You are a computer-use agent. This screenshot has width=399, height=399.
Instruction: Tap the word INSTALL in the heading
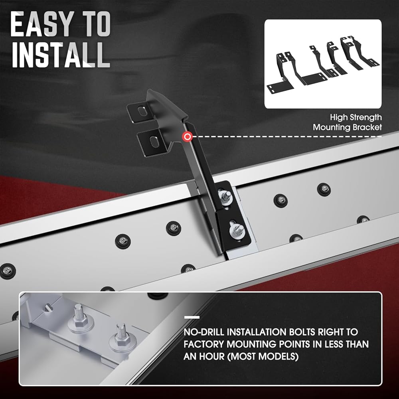[x=61, y=55]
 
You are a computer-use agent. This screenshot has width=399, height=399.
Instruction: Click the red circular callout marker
[x=188, y=137]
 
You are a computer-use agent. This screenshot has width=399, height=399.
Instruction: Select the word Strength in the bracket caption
[x=365, y=118]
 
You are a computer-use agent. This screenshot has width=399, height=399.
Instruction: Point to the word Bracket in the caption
[x=367, y=127]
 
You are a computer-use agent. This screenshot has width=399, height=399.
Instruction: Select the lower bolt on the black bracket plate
[x=236, y=230]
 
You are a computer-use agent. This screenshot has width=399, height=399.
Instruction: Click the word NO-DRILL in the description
[x=203, y=332]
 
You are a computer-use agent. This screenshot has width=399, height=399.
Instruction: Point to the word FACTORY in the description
[x=203, y=344]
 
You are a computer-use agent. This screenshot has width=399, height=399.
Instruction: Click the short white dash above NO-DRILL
[x=192, y=317]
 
